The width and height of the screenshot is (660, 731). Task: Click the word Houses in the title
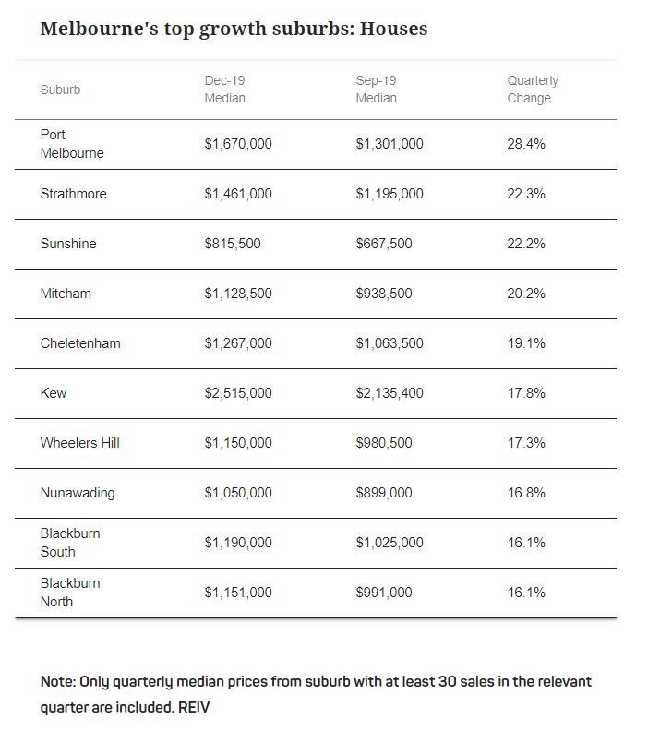[394, 29]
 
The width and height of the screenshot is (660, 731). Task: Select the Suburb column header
[60, 90]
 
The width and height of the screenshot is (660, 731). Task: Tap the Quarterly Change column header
[533, 89]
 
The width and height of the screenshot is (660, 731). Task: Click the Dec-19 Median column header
[224, 89]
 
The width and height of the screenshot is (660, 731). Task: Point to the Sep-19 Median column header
[376, 89]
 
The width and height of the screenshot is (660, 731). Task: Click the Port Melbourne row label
[72, 144]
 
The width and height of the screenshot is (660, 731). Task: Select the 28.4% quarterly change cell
[526, 144]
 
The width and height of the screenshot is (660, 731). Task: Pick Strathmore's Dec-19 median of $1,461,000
[238, 194]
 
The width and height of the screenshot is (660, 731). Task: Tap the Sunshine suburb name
[68, 244]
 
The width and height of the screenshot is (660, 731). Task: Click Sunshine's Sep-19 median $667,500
[384, 244]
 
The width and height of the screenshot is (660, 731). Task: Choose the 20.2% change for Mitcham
[526, 294]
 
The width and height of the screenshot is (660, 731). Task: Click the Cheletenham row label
[80, 343]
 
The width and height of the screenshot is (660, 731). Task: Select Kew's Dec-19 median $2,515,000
[238, 393]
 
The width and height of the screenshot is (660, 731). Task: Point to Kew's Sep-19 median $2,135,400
[390, 393]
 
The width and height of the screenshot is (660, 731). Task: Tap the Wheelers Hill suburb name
[79, 443]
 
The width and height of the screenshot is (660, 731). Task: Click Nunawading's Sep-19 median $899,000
[384, 493]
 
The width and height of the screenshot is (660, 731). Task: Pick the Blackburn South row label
[70, 543]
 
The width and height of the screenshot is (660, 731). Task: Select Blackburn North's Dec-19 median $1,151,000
[238, 593]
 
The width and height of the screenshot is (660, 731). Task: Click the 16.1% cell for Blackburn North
[526, 593]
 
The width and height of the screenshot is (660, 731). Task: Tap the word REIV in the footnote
[194, 707]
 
